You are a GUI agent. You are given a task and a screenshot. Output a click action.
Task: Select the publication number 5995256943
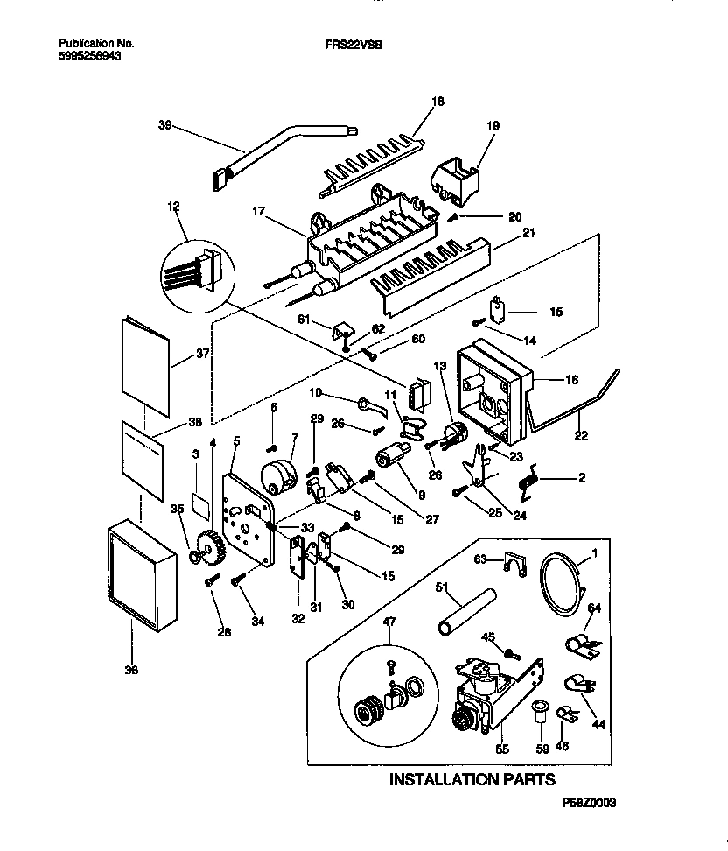92,53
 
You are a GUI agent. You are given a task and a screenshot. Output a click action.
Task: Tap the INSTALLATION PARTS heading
472,778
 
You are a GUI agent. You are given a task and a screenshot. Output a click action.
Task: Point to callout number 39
164,126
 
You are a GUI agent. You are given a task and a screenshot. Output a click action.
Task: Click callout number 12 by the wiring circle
172,207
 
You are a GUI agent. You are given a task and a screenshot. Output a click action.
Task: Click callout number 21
528,232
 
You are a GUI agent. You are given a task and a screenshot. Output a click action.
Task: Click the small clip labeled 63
517,564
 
